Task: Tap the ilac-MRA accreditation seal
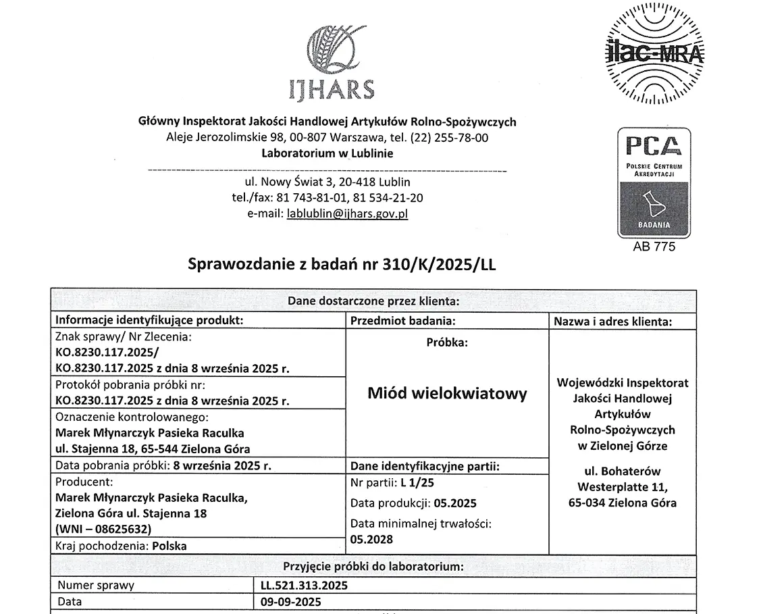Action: (x=654, y=53)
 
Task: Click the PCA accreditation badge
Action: (x=654, y=182)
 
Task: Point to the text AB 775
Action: (x=654, y=247)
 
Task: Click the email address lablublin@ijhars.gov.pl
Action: (x=347, y=214)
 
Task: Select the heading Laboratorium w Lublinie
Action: (x=327, y=153)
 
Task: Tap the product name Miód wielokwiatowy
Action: (x=447, y=393)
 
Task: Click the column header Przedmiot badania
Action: (x=402, y=321)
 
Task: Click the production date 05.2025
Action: (x=456, y=503)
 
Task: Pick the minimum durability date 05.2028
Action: (x=371, y=539)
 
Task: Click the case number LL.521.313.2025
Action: (x=304, y=585)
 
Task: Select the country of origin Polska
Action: (x=169, y=546)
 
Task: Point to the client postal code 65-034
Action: (x=586, y=503)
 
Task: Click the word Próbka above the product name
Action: (x=446, y=342)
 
